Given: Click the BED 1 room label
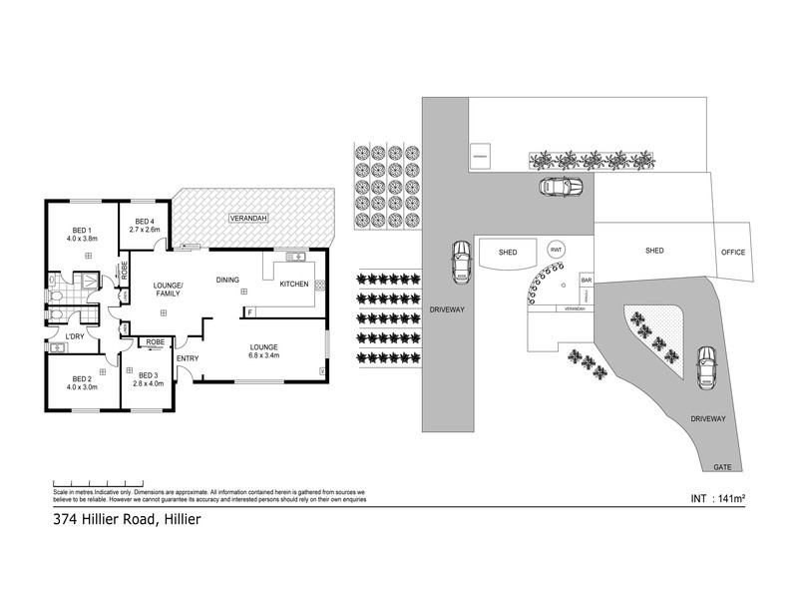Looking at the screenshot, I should tap(78, 230).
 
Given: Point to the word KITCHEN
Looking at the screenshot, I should tap(294, 285).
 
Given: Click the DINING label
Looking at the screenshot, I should tap(228, 280).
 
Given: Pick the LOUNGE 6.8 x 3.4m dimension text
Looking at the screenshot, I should tap(265, 354).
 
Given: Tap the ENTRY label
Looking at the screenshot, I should tap(188, 357).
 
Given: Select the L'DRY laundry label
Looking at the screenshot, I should tap(75, 335).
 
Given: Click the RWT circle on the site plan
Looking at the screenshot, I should tap(555, 250).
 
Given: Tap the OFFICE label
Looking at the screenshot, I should tap(733, 253).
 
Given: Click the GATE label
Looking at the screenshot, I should tap(721, 466).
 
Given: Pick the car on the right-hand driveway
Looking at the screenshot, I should tap(704, 368).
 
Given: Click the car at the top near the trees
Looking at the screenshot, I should tap(560, 187).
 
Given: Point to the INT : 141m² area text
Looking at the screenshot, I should tap(719, 496).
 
